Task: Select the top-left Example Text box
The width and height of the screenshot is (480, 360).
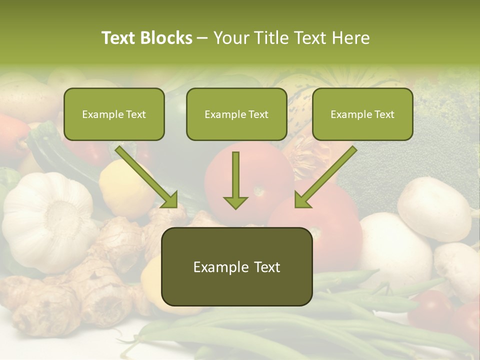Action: click(x=114, y=114)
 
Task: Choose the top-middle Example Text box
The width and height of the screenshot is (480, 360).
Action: click(x=236, y=114)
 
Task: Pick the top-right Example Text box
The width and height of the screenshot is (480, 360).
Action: click(x=362, y=114)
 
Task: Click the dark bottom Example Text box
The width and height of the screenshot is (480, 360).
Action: click(x=236, y=267)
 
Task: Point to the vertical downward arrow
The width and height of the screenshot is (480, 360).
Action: click(x=235, y=180)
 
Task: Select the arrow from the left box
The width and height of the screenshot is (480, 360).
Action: click(x=147, y=177)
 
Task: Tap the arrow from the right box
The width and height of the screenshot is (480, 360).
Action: click(x=325, y=177)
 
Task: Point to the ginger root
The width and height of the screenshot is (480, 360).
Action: click(x=100, y=280)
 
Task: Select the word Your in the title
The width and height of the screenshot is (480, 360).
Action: click(x=231, y=38)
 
